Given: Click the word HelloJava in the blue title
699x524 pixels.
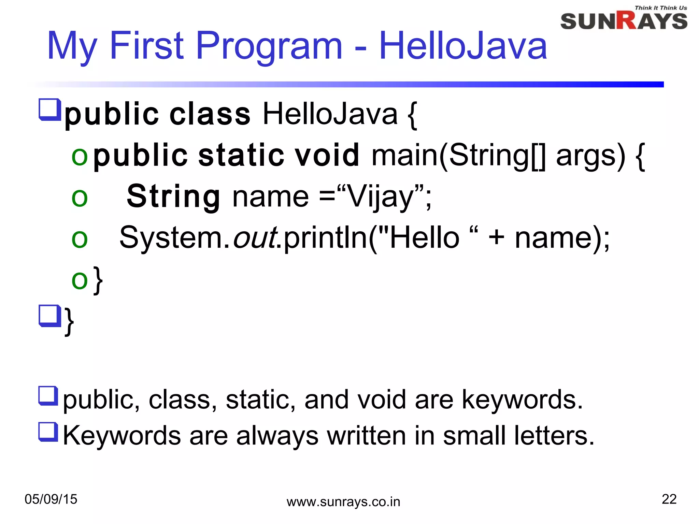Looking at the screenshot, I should click(x=463, y=46).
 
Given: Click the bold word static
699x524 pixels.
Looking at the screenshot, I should click(x=241, y=156).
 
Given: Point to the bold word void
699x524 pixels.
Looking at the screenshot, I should click(x=327, y=156).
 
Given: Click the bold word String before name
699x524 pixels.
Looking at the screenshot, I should click(x=173, y=197).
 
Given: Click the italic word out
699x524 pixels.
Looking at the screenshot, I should click(x=255, y=238).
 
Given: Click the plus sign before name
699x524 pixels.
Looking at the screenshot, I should click(x=496, y=238).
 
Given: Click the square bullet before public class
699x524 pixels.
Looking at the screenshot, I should click(x=50, y=110).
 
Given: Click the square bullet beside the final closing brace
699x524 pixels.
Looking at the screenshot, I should click(x=50, y=316).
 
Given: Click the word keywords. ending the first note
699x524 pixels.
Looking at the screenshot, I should click(x=522, y=400).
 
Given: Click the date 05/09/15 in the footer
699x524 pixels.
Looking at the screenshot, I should click(x=51, y=499).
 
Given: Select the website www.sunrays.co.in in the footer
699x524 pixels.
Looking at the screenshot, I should click(x=343, y=502).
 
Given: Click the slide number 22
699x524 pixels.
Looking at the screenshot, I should click(x=669, y=499).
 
